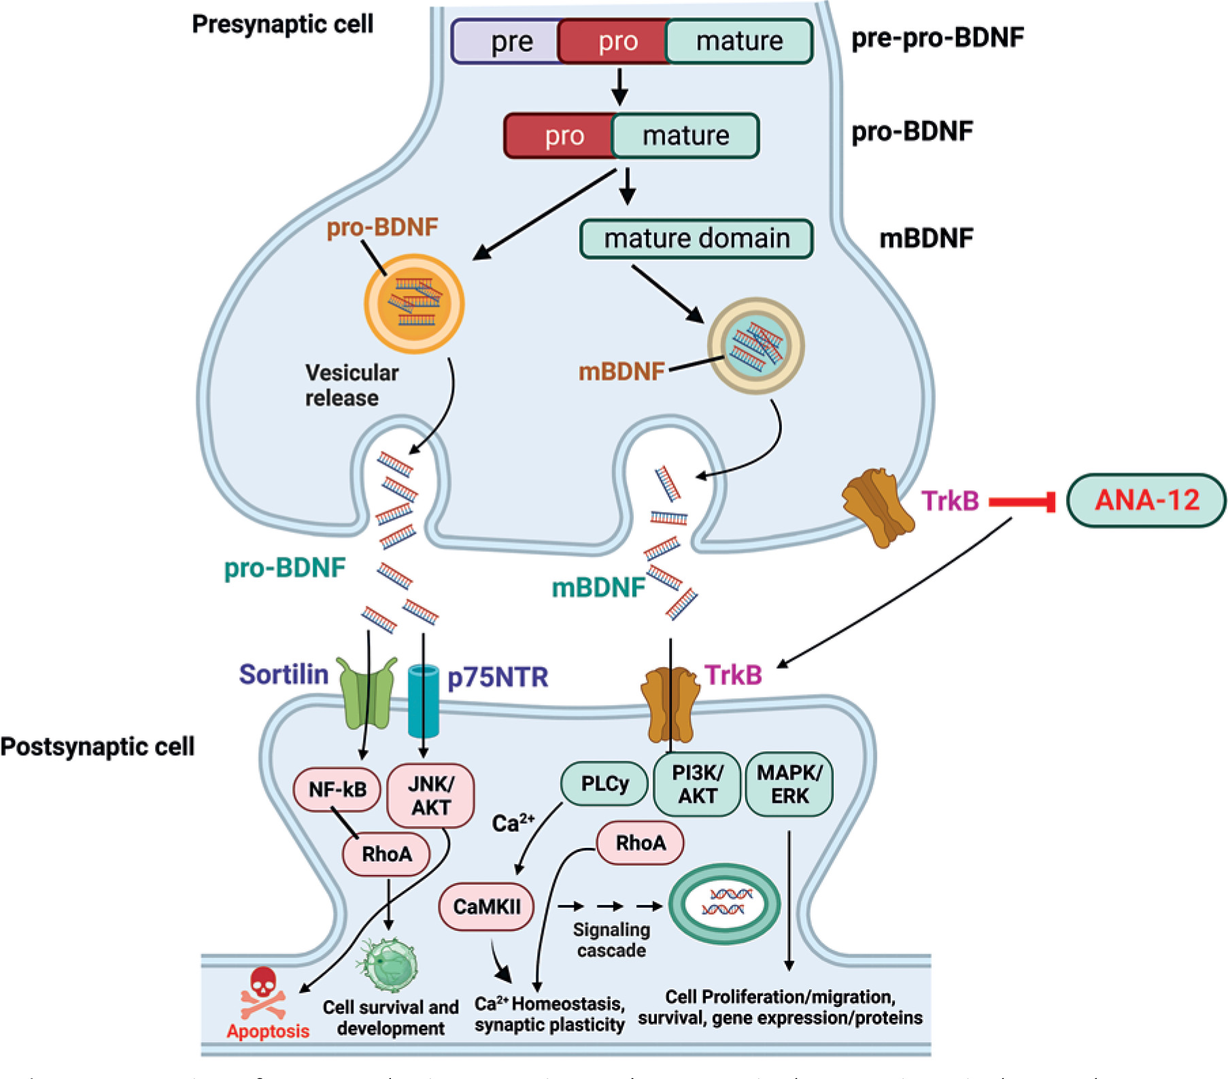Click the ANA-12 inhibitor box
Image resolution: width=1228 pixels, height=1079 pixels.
point(1146,500)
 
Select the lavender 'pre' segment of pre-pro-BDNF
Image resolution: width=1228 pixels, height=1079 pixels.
point(507,41)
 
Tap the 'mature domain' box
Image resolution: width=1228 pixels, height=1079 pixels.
point(696,239)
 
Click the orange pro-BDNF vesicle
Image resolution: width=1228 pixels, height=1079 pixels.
point(414,303)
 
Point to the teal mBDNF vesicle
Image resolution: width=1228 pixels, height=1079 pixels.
point(755,345)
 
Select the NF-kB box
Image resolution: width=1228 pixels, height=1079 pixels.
point(337,789)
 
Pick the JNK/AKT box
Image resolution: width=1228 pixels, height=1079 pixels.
point(430,795)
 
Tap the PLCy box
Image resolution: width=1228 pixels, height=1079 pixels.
point(604,784)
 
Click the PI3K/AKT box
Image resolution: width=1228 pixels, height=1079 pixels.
point(697,784)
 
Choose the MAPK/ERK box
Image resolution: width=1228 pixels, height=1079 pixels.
point(789,784)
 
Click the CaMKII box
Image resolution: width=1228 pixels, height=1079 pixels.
point(486,906)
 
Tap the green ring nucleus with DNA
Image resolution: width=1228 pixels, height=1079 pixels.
point(725,904)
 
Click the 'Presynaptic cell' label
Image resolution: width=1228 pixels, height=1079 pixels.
point(282,24)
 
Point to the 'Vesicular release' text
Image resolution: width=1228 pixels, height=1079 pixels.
point(351,385)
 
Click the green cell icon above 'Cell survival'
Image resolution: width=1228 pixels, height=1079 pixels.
point(388,966)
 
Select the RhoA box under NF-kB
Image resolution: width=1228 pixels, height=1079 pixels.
point(386,854)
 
